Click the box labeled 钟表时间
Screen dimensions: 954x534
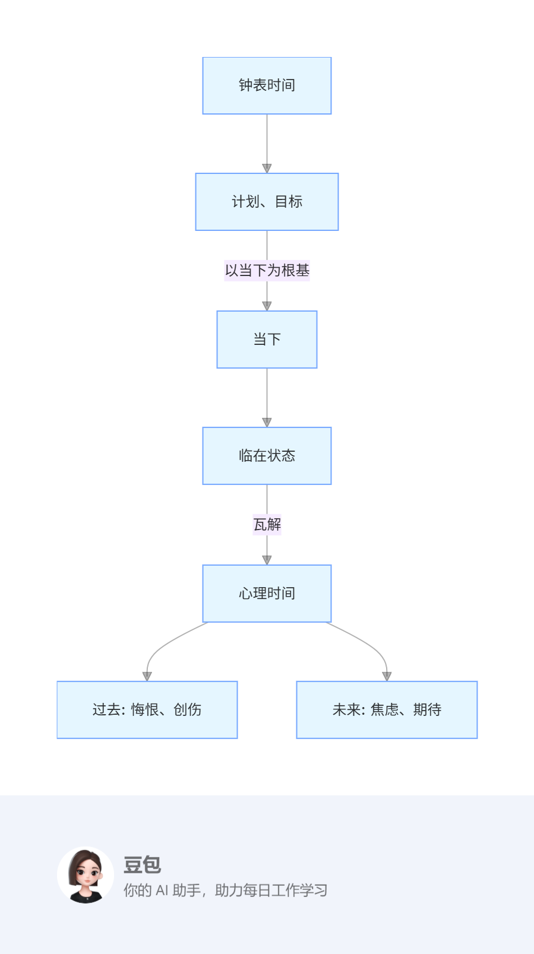267,85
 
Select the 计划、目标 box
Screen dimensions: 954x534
267,202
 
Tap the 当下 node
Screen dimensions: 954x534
267,340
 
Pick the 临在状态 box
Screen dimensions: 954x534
267,456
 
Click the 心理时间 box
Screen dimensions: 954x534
267,594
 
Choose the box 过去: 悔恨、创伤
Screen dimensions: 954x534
147,710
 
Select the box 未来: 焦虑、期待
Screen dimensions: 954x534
387,710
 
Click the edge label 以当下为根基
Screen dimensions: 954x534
267,271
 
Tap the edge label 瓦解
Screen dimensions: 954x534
267,525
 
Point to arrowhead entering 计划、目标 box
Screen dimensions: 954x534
267,169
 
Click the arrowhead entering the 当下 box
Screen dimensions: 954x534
267,306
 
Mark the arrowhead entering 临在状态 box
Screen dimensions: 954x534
267,423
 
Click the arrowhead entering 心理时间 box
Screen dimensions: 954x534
267,560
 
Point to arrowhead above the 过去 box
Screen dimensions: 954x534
147,676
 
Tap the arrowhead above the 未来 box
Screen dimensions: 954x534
387,676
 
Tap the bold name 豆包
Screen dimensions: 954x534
142,865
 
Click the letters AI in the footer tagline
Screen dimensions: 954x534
162,890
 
